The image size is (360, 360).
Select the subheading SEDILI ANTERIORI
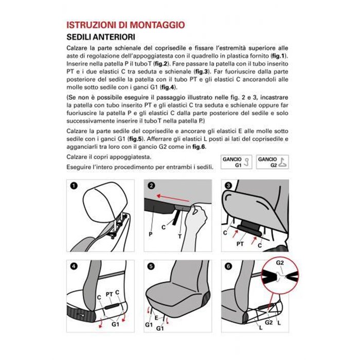[x=101, y=37]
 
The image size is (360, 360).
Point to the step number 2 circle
[x=151, y=186]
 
